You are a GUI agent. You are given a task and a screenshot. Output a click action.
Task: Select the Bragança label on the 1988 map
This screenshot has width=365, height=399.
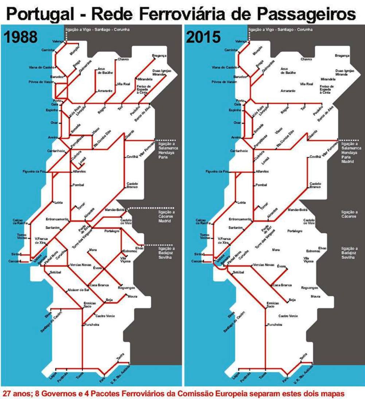pos(159,56)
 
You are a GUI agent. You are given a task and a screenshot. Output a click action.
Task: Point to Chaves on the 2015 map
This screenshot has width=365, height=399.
pos(306,59)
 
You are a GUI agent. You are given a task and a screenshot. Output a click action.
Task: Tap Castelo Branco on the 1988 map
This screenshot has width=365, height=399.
pos(131,185)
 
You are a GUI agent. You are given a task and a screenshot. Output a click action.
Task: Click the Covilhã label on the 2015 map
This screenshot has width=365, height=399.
pos(315,157)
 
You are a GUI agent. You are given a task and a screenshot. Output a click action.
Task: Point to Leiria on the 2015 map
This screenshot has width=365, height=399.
pos(242,202)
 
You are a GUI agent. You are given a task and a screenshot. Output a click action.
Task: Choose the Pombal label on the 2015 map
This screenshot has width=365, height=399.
pos(261,185)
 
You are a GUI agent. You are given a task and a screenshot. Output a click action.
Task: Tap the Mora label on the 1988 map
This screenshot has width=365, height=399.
pos(93,250)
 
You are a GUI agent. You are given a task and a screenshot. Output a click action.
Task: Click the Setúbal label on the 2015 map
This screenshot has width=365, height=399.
pos(238,272)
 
